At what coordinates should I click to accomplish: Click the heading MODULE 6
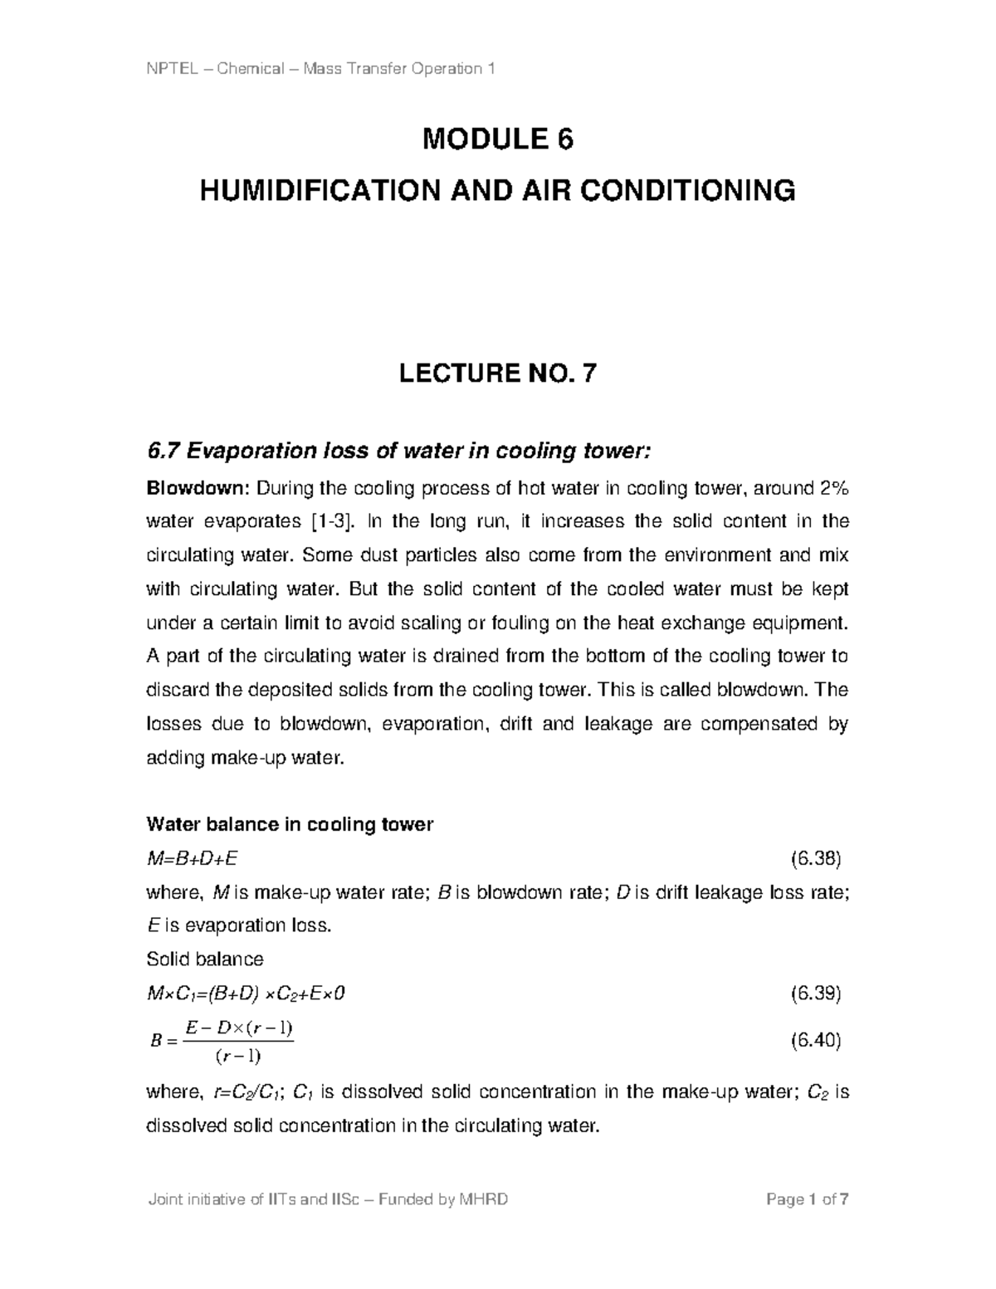498,139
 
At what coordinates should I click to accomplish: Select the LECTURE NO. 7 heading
498,374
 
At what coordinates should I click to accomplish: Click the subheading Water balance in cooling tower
290,824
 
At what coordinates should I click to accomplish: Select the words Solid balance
204,959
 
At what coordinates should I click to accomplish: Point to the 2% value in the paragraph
832,489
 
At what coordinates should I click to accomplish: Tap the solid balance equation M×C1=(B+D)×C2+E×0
244,994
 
